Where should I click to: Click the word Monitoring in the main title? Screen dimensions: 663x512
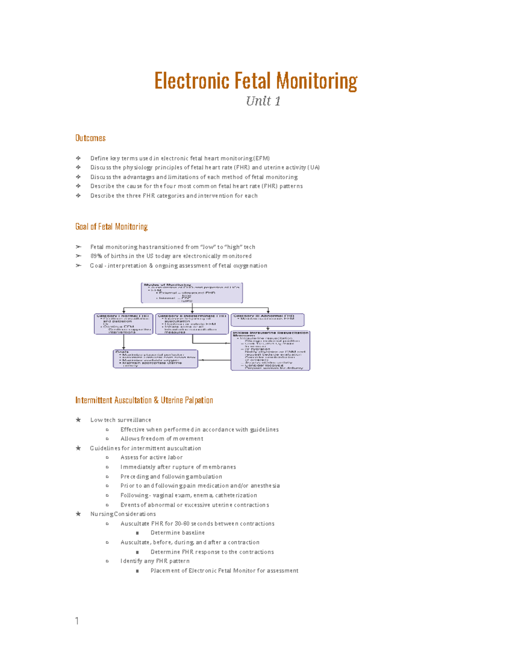click(x=317, y=81)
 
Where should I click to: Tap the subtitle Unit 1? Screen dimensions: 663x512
click(x=263, y=101)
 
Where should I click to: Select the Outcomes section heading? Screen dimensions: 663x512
click(x=90, y=138)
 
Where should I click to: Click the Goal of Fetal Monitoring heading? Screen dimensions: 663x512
click(x=111, y=227)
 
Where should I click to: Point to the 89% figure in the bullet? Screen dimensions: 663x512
click(x=96, y=256)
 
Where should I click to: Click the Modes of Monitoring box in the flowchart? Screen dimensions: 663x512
click(x=192, y=293)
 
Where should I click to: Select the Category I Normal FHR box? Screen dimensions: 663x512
click(x=123, y=324)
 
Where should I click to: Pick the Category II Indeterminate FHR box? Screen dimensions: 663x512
click(x=192, y=324)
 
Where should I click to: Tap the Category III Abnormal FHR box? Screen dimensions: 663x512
click(x=268, y=320)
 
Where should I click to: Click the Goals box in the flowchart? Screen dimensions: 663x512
click(x=155, y=359)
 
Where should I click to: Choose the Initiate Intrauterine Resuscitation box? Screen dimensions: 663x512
click(x=270, y=350)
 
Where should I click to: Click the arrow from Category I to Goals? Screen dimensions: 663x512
click(x=124, y=342)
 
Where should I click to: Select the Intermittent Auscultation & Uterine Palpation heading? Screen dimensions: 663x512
click(x=144, y=400)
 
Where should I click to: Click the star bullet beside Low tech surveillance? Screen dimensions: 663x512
click(x=78, y=420)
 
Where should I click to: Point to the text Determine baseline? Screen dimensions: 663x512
click(x=177, y=533)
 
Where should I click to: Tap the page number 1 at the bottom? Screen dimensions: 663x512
click(x=77, y=621)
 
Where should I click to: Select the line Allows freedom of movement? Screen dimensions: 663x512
click(x=162, y=439)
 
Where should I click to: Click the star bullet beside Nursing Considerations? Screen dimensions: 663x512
click(x=78, y=514)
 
